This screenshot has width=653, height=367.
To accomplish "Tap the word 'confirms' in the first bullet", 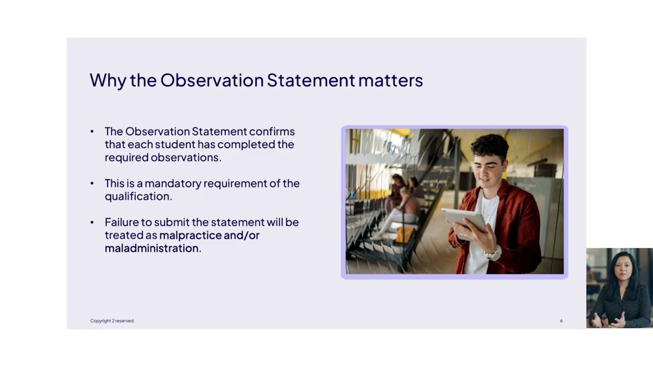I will click(271, 132).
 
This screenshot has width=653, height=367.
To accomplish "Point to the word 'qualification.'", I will click(138, 196).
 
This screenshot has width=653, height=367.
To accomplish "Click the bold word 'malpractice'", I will click(190, 235).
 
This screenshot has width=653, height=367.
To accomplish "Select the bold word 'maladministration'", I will click(152, 248).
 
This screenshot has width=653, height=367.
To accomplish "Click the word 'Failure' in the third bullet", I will click(122, 222).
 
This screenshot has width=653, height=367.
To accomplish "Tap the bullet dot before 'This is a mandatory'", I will click(92, 183).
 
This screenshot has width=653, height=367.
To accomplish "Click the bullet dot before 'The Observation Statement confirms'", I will click(92, 132).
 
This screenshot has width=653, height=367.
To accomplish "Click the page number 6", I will click(561, 321).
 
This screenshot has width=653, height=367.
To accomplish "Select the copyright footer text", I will click(112, 321).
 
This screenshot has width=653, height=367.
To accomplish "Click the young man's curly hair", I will click(490, 146).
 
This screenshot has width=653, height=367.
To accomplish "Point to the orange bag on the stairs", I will click(405, 235).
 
